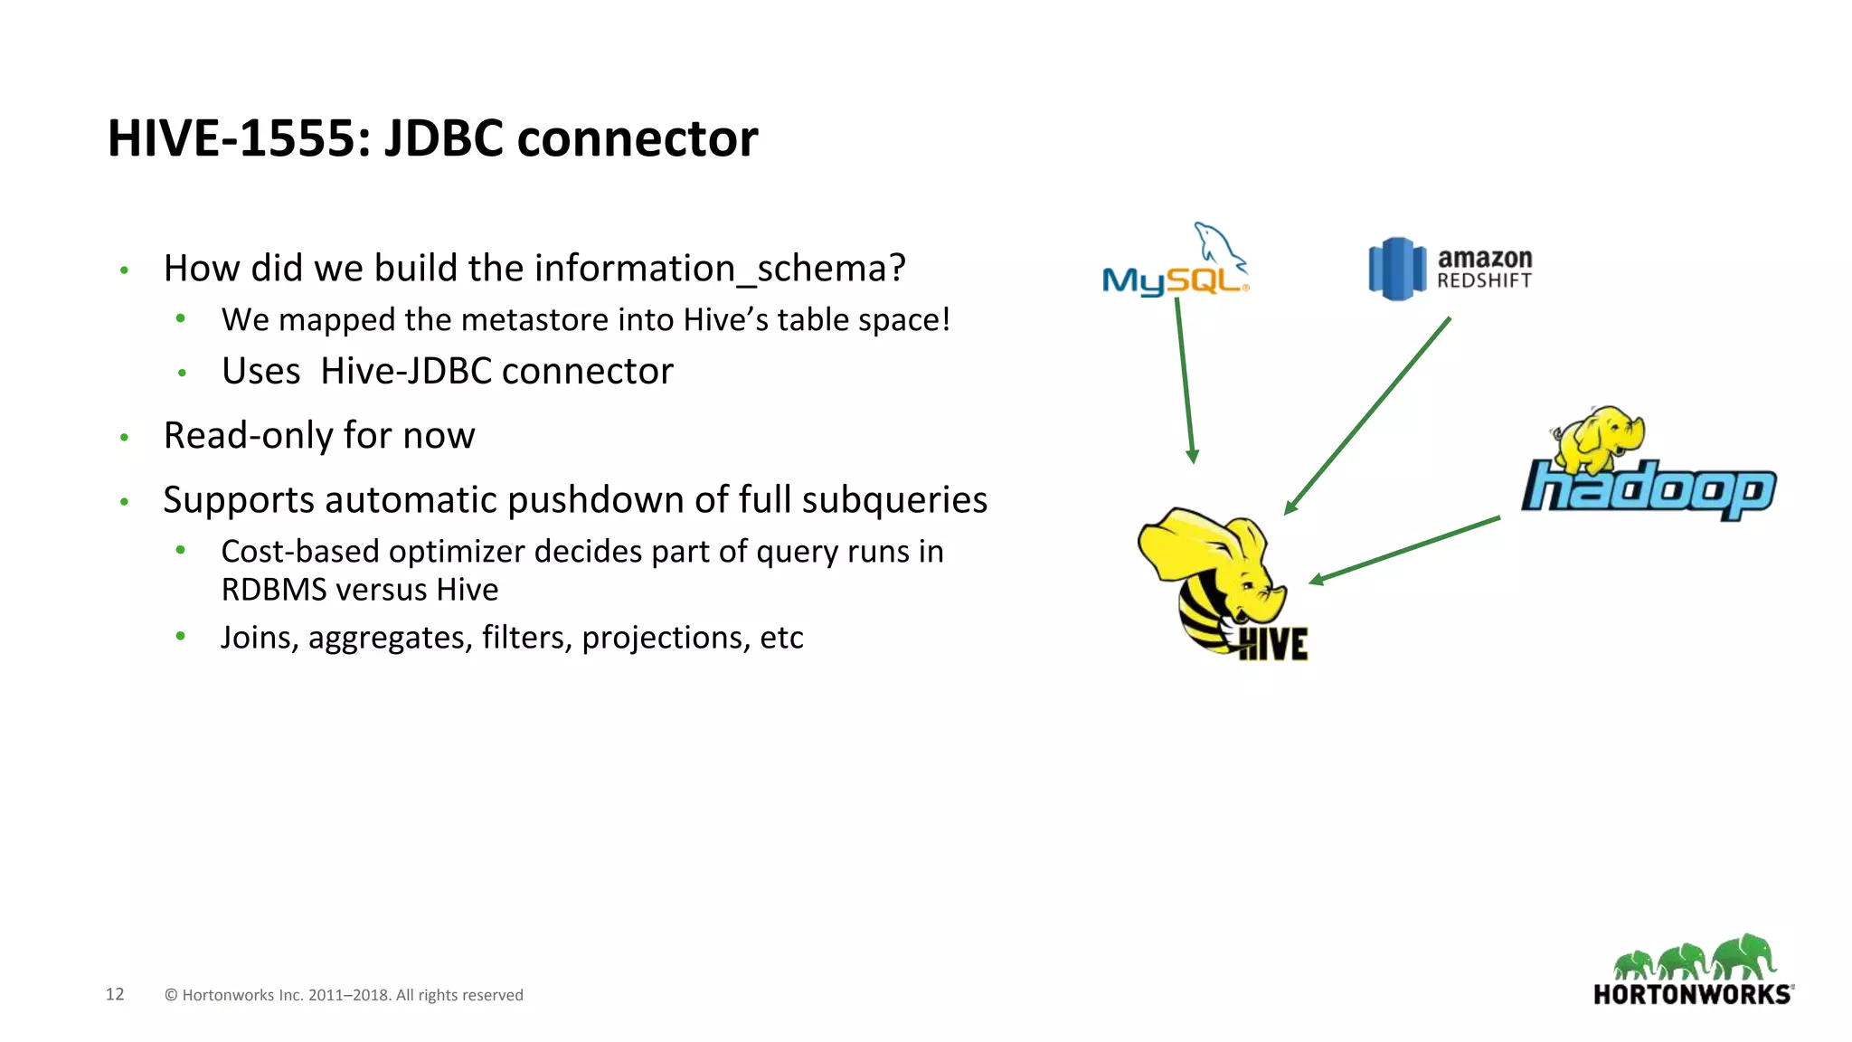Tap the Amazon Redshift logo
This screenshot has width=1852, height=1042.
[x=1450, y=269]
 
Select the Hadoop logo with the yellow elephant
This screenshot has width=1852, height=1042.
[x=1648, y=466]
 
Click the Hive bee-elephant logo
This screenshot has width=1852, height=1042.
[x=1221, y=583]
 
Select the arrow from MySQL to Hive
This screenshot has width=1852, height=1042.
[x=1185, y=380]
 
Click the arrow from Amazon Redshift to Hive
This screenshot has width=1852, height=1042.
[x=1367, y=416]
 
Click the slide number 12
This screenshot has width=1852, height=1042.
[x=115, y=994]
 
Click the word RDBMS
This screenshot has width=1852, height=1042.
[x=273, y=590]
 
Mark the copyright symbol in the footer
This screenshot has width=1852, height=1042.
[x=171, y=995]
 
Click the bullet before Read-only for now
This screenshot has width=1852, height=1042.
[x=124, y=438]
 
